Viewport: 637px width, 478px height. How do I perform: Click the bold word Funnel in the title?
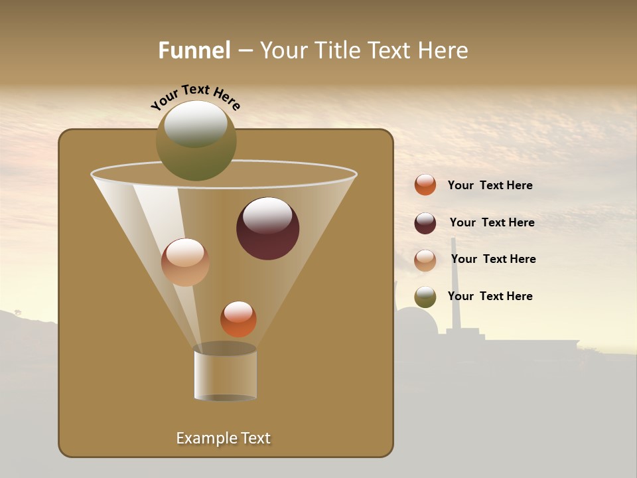pyautogui.click(x=194, y=50)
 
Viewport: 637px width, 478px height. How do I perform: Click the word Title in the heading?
pyautogui.click(x=334, y=50)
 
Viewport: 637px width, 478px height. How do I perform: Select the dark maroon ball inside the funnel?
pyautogui.click(x=267, y=229)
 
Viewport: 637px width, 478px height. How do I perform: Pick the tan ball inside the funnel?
pyautogui.click(x=185, y=262)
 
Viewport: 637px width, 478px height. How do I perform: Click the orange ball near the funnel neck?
pyautogui.click(x=238, y=319)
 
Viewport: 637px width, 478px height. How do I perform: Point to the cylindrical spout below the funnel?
pyautogui.click(x=225, y=375)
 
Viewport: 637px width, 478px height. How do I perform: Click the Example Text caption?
pyautogui.click(x=223, y=438)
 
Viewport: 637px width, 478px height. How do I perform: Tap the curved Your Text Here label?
pyautogui.click(x=196, y=97)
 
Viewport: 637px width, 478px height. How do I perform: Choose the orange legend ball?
pyautogui.click(x=425, y=185)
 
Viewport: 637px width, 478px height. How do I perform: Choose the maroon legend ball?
pyautogui.click(x=425, y=223)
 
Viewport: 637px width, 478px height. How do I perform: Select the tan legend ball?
pyautogui.click(x=425, y=260)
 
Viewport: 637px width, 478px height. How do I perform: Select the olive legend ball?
pyautogui.click(x=425, y=297)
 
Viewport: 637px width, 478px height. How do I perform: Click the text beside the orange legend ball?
pyautogui.click(x=490, y=186)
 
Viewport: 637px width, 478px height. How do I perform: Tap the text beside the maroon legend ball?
pyautogui.click(x=492, y=223)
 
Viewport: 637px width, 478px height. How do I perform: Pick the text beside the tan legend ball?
pyautogui.click(x=493, y=260)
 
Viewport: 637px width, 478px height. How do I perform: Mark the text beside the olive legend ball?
pyautogui.click(x=490, y=297)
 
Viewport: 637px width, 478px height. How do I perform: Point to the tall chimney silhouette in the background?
pyautogui.click(x=455, y=285)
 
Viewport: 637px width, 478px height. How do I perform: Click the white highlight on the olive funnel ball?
pyautogui.click(x=196, y=123)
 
